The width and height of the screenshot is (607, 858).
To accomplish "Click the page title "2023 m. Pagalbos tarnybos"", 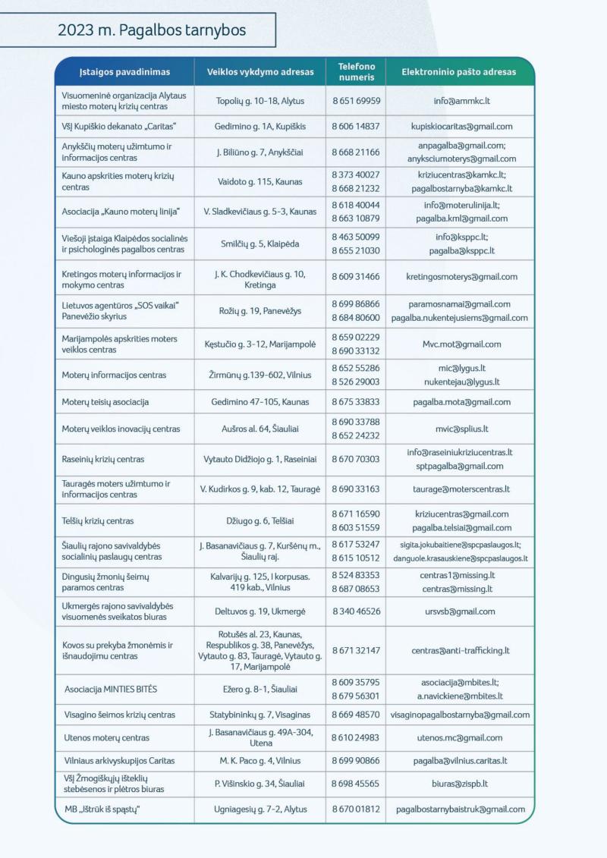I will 152,31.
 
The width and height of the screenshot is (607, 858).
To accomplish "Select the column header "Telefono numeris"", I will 356,72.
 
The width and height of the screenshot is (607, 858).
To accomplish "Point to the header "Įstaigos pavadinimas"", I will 124,72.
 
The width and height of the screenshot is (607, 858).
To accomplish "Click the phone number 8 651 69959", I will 356,100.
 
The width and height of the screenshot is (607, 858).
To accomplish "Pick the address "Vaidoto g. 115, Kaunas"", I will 260,181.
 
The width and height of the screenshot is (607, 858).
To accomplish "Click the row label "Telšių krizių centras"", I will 98,521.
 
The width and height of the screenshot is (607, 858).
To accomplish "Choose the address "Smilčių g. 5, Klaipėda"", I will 260,244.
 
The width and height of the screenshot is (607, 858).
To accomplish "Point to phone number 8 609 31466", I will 356,277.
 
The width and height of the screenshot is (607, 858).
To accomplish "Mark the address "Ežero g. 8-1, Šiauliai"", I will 260,689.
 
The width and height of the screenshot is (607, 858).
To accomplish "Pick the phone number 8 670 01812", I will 356,809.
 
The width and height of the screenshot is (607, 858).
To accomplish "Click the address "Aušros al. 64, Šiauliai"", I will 260,429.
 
